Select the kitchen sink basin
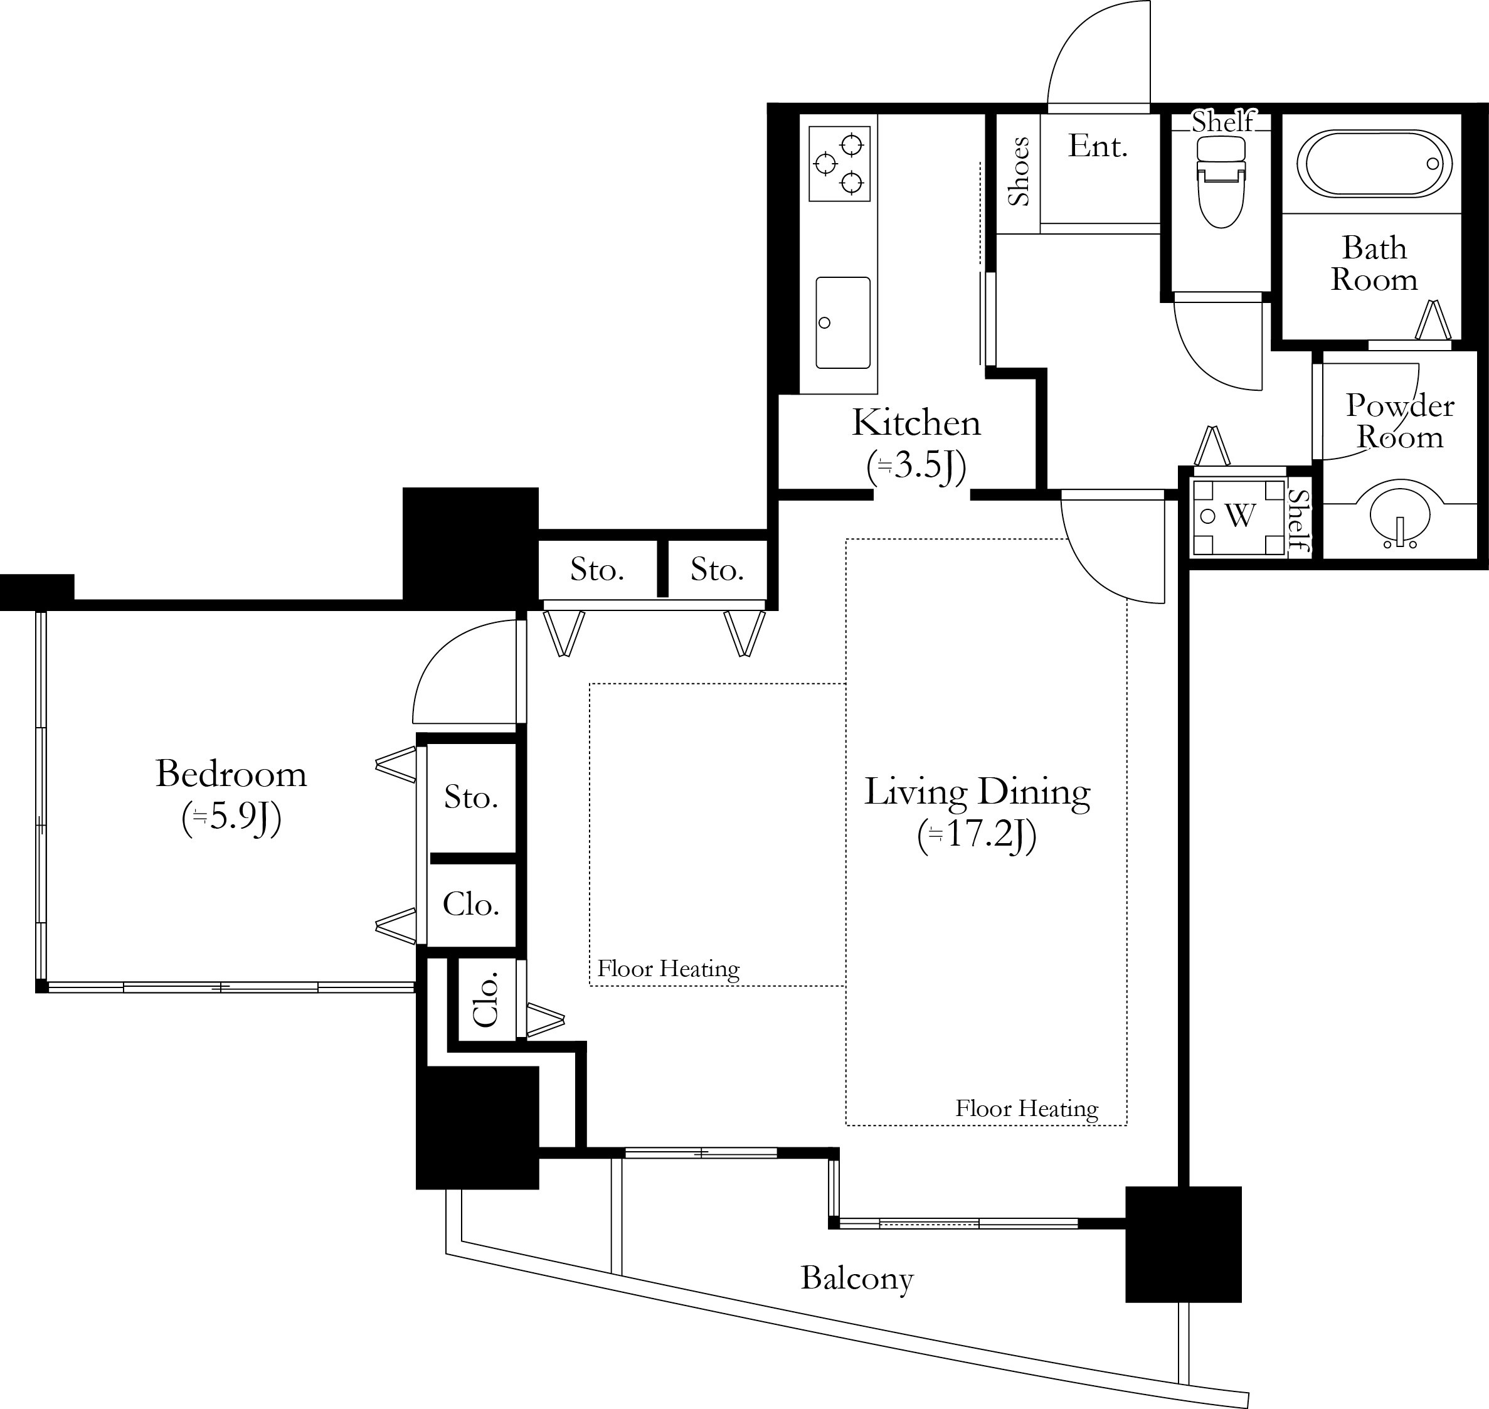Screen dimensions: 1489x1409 click(x=842, y=323)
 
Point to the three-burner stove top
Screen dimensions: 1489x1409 click(x=839, y=164)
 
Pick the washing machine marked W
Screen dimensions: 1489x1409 click(x=1239, y=517)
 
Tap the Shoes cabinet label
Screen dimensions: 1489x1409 click(x=1019, y=171)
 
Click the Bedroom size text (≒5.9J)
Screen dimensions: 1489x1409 click(x=231, y=819)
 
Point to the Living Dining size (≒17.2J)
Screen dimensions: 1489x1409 click(x=977, y=836)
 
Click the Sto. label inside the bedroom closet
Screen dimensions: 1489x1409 click(x=471, y=797)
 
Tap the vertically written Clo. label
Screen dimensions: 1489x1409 click(x=487, y=999)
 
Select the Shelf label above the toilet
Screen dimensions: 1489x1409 click(x=1222, y=122)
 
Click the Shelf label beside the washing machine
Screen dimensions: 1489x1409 click(x=1299, y=519)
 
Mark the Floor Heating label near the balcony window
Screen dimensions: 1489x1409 click(x=1027, y=1109)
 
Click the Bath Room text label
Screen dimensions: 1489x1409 click(x=1374, y=263)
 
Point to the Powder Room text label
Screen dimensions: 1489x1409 click(x=1400, y=422)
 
